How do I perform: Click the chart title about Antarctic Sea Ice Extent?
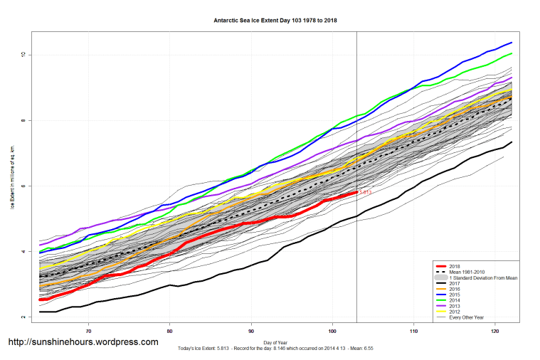coord(275,20)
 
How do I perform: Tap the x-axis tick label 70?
coord(88,331)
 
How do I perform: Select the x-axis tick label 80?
coord(169,331)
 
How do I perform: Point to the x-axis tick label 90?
coord(251,331)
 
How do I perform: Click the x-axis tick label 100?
coord(332,331)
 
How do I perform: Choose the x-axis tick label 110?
coord(414,331)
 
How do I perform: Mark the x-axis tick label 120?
coord(495,331)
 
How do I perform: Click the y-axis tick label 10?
coord(23,55)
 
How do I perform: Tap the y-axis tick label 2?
coord(23,317)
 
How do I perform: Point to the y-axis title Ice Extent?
coord(12,177)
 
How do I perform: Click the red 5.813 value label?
coord(365,192)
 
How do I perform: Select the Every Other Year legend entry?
coord(465,317)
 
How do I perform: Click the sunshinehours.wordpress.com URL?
coord(83,342)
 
